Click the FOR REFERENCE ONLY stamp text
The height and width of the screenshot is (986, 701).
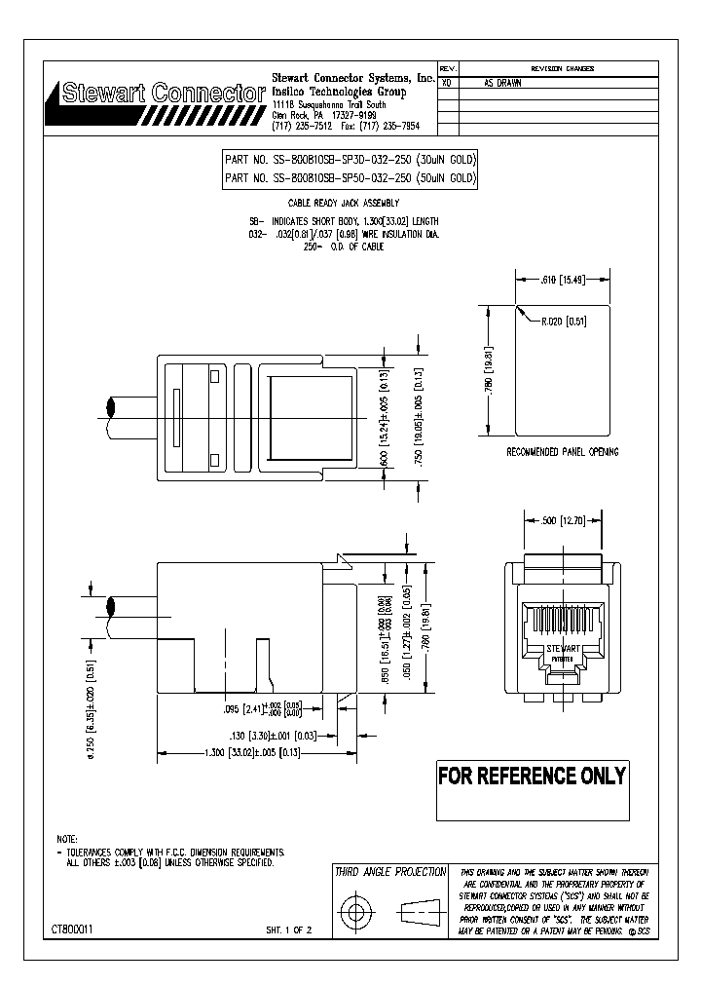(x=532, y=777)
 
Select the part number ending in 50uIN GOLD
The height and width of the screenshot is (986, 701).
(x=350, y=178)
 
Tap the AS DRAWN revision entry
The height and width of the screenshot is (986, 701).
(x=502, y=84)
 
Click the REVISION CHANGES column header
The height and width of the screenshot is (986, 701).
(x=562, y=69)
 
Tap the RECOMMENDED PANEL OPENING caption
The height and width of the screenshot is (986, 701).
(x=562, y=452)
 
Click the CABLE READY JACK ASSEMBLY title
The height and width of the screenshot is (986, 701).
(x=350, y=203)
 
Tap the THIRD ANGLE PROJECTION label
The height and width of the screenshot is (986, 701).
(x=390, y=872)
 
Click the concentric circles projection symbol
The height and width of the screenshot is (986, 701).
(x=356, y=914)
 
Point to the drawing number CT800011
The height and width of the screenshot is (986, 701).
(x=73, y=931)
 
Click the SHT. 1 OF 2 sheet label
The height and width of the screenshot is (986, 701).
(x=288, y=931)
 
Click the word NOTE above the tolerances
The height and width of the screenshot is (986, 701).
(x=67, y=839)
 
